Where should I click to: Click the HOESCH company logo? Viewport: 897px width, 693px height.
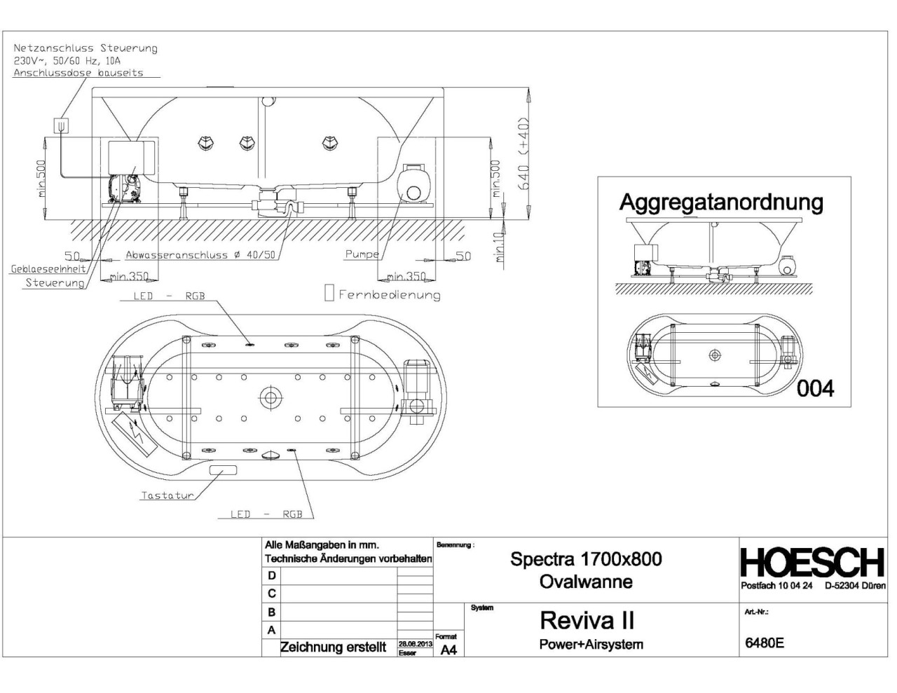[812, 563]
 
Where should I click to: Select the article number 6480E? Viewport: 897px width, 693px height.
[764, 643]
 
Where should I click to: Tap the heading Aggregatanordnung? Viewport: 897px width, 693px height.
[721, 202]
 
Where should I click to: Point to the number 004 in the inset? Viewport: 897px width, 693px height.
[815, 387]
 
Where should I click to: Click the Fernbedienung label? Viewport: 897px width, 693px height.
[389, 294]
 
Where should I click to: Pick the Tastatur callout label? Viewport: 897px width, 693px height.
[167, 495]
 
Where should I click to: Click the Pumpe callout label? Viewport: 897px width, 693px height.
[361, 254]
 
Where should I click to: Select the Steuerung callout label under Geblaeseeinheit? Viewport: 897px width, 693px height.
[55, 283]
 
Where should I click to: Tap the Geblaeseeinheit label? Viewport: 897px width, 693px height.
[48, 268]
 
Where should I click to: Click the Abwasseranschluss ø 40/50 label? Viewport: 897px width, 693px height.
[200, 255]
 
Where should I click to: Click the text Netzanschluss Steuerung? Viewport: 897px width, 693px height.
[85, 48]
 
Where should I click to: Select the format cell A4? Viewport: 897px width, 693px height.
[448, 650]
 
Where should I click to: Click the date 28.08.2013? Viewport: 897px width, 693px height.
[414, 643]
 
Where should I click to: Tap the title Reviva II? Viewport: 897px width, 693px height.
[587, 620]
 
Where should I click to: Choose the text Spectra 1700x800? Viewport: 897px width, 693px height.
[586, 558]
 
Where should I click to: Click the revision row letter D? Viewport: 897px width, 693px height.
[272, 575]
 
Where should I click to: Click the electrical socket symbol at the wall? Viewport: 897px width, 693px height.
[62, 125]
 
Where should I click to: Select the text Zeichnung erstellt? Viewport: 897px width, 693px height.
[333, 647]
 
